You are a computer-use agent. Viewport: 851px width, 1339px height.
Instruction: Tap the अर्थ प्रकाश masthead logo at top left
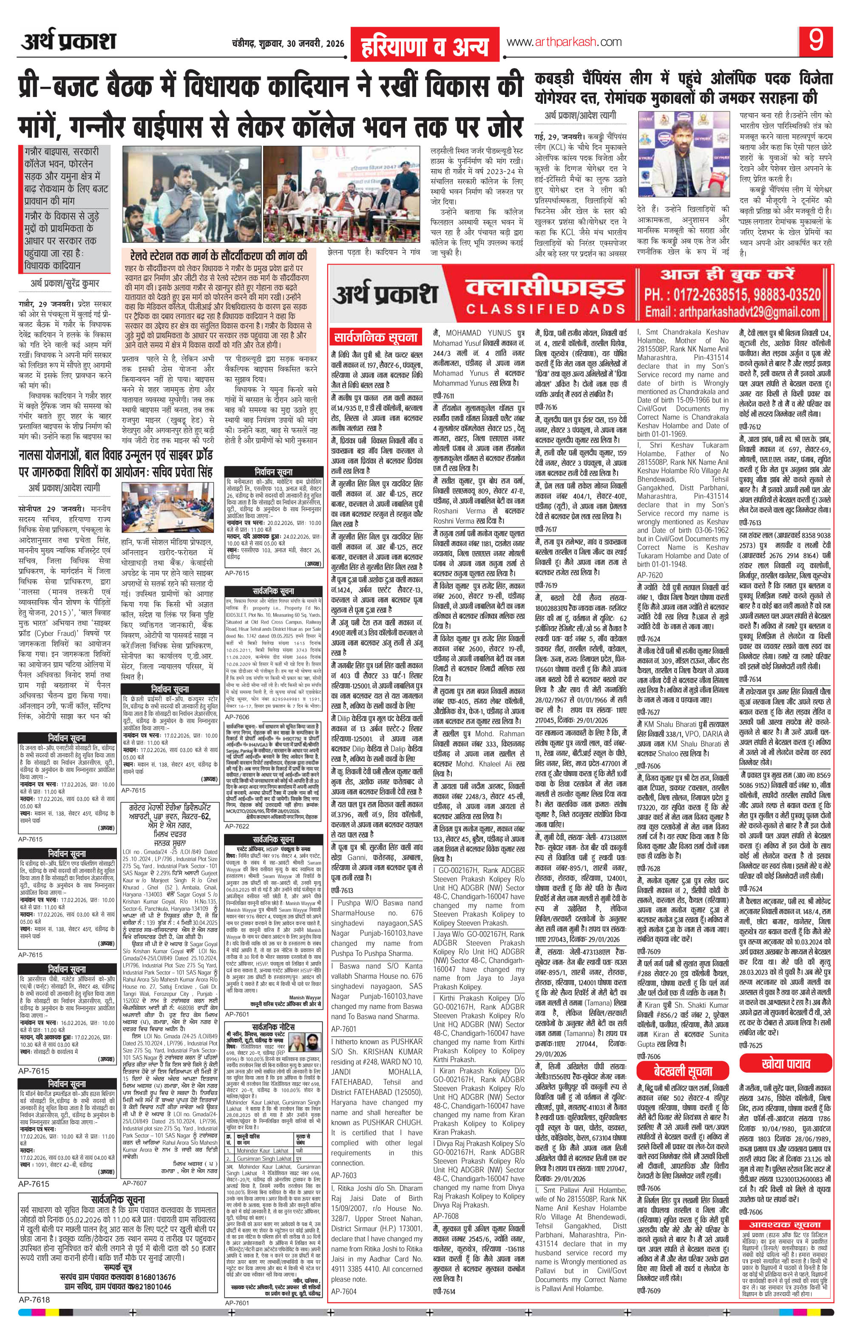point(69,42)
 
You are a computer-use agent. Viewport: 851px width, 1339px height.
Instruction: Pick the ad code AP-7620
point(650,574)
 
